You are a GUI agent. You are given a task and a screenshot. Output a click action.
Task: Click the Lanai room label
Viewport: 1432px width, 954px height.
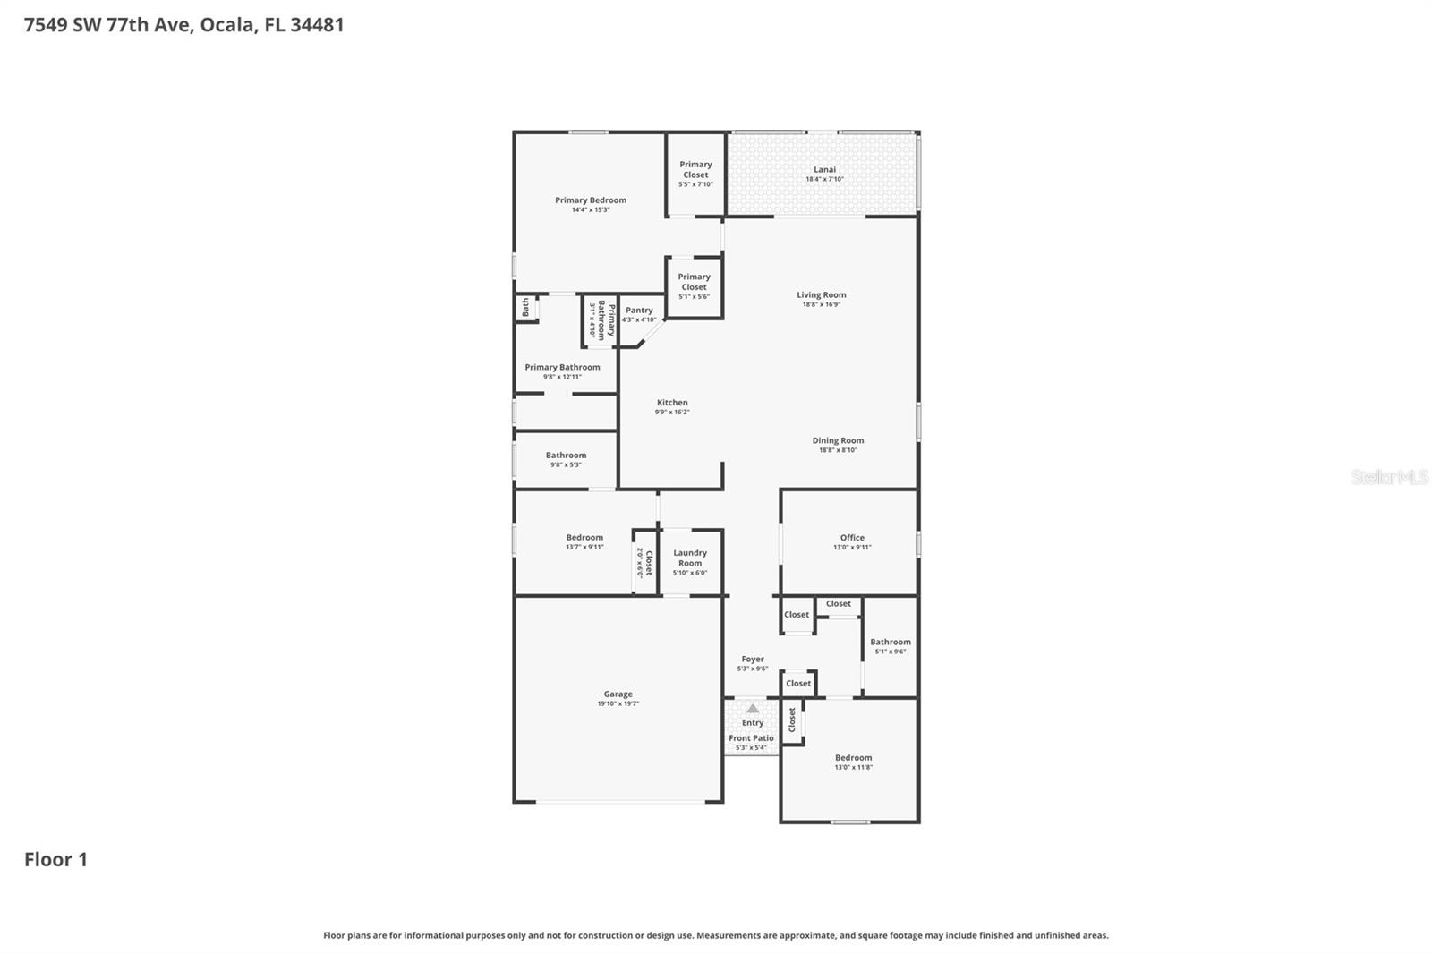pos(824,169)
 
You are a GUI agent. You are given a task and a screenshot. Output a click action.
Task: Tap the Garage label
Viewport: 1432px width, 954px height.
pos(618,694)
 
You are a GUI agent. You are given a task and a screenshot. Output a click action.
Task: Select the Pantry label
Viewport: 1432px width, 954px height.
pos(639,311)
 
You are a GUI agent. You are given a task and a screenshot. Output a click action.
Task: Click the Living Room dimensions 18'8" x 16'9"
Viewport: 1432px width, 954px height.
pos(821,304)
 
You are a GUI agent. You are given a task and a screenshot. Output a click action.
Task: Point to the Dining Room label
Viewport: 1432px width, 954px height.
pos(838,440)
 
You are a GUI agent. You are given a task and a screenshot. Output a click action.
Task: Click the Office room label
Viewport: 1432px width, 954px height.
pos(852,538)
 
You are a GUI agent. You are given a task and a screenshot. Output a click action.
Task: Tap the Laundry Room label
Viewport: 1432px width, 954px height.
pos(690,558)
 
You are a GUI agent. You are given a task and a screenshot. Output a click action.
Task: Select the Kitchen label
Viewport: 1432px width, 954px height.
pos(672,403)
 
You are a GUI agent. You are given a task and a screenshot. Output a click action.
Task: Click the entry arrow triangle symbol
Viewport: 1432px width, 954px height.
pos(753,708)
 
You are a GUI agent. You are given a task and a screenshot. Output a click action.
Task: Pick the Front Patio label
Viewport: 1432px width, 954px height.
pos(751,738)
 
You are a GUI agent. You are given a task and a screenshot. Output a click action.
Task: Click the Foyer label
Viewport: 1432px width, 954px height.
pos(752,659)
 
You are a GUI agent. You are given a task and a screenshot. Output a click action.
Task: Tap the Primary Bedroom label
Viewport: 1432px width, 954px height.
pos(590,200)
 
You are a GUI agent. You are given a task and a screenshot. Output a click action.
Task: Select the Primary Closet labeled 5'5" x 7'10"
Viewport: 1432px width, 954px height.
pos(695,170)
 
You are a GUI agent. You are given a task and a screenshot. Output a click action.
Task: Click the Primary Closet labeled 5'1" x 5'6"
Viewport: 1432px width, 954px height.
pos(694,282)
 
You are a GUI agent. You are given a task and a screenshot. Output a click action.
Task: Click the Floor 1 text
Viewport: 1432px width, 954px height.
pos(55,859)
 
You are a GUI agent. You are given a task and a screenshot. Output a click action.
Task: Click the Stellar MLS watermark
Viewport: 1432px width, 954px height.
pos(1389,477)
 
